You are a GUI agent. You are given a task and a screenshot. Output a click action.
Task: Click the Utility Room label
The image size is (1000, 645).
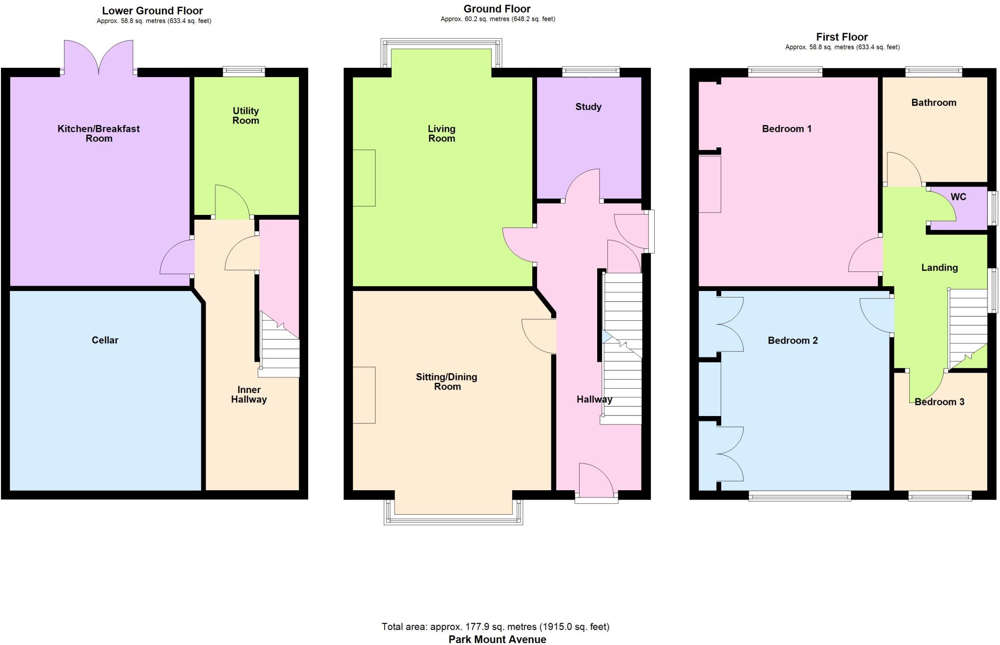(246, 116)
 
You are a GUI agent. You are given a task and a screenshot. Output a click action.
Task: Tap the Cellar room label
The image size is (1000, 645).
(105, 340)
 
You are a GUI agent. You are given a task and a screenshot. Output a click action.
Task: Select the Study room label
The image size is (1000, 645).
(588, 107)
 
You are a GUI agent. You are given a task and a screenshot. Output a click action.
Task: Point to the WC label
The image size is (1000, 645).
(958, 197)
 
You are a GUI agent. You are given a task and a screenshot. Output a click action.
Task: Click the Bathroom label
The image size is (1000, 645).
(934, 103)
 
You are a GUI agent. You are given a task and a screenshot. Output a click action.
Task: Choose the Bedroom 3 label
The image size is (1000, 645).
(939, 402)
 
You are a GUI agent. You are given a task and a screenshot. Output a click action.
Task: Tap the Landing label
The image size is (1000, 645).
(939, 268)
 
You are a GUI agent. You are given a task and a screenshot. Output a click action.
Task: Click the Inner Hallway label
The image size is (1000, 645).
(249, 395)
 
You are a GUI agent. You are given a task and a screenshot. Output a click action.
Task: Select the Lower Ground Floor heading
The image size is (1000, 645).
(152, 11)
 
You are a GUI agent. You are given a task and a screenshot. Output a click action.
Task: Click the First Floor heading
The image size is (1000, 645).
(842, 37)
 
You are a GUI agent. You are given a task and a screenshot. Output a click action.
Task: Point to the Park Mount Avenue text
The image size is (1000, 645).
(497, 639)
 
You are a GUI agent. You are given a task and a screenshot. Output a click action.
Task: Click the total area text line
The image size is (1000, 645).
(495, 626)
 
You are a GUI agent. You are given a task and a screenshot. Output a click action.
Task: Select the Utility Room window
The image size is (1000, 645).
(244, 72)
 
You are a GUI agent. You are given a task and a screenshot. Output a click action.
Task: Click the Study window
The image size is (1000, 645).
(591, 72)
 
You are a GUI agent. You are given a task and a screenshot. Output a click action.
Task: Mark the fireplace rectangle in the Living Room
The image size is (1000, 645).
(364, 178)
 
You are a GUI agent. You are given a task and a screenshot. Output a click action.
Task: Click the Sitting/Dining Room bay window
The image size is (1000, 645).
(453, 520)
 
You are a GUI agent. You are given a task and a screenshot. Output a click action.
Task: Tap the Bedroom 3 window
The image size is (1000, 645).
(940, 497)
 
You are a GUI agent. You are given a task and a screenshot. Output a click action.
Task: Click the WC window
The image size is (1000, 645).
(993, 208)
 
